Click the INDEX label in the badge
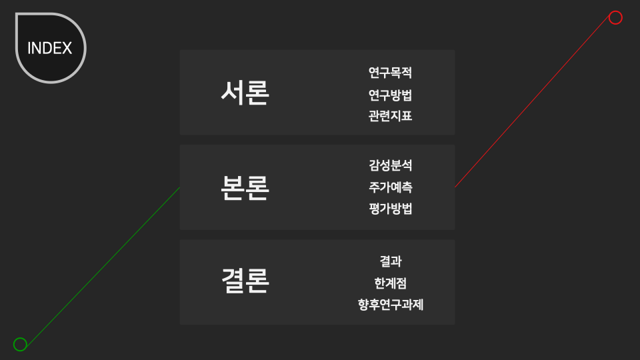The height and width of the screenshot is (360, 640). (50, 49)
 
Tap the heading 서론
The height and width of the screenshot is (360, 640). (245, 93)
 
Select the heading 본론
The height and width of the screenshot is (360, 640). (245, 188)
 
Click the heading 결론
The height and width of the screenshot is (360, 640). (245, 282)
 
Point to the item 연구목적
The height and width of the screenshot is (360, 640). (390, 73)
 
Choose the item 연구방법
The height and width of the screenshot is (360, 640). (390, 95)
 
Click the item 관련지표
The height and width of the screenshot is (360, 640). (390, 116)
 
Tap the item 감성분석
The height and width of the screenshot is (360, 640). (390, 165)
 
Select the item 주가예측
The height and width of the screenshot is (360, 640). (390, 187)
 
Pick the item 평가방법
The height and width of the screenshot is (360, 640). (390, 209)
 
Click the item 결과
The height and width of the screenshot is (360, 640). (390, 261)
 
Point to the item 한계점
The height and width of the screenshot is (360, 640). (390, 283)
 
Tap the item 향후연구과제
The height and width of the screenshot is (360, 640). (390, 305)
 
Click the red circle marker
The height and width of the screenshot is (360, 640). (615, 17)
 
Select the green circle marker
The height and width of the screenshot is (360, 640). (20, 344)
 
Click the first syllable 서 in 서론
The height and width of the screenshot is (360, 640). (232, 93)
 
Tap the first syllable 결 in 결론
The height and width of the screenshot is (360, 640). (232, 282)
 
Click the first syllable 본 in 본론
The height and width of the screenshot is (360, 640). (232, 188)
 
